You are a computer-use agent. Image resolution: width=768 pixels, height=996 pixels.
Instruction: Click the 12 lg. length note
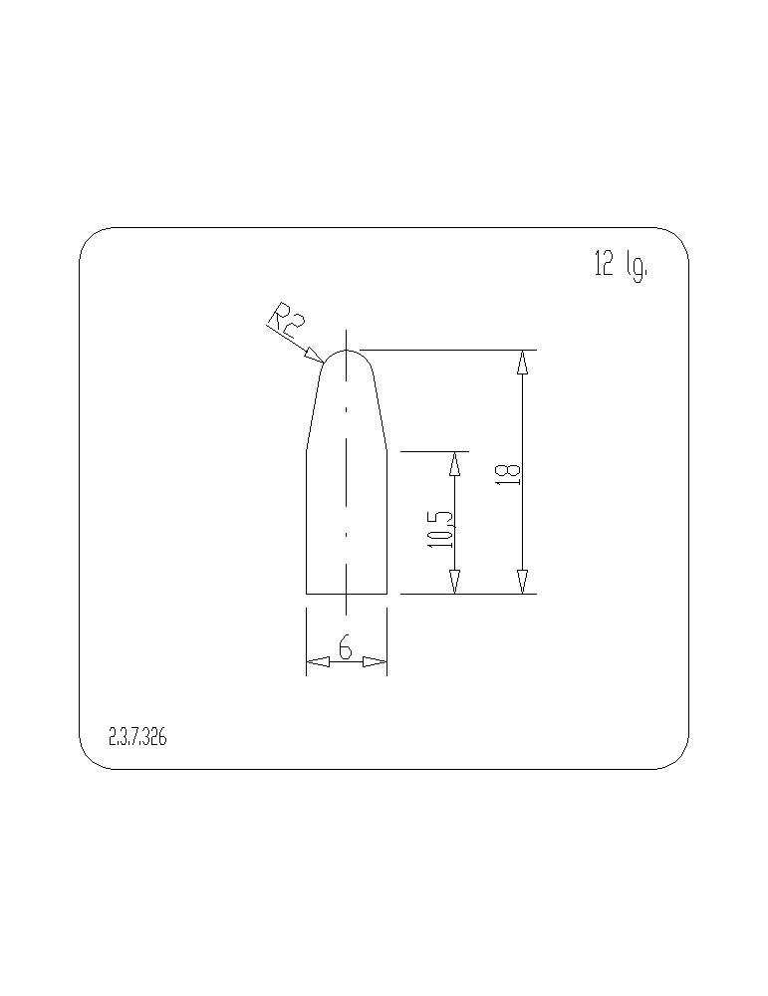(x=622, y=265)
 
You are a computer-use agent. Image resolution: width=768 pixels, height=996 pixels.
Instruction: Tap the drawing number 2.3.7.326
(x=137, y=737)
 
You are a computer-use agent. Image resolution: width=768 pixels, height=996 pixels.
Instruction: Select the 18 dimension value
(x=511, y=474)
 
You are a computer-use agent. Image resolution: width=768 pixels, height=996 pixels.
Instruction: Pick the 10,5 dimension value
(x=441, y=529)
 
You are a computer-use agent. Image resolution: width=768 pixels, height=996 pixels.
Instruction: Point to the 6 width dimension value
(x=346, y=648)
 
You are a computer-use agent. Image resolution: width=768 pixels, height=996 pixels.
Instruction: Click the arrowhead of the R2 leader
(x=315, y=355)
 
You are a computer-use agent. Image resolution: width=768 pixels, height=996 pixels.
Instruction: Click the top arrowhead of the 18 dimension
(x=522, y=362)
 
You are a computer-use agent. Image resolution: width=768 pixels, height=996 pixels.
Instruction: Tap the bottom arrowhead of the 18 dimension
(x=522, y=582)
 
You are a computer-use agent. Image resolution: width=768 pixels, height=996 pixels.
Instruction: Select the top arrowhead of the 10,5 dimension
(x=455, y=463)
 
